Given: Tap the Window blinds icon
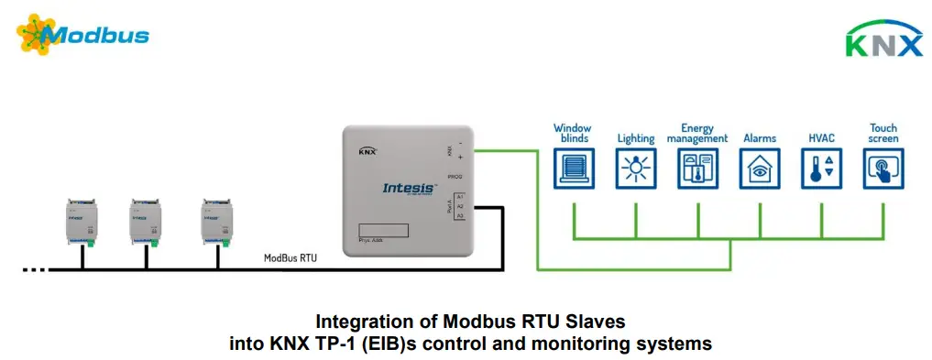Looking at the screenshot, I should pos(573,169).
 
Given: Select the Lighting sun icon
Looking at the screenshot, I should pos(635,169).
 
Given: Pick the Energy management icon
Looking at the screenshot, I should pos(697,169).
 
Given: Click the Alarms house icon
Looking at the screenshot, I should pos(759,169).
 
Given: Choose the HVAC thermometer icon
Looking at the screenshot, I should pos(821,169).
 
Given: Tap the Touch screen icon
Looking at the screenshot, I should pos(883,169).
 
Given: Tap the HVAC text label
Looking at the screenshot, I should pos(821,138).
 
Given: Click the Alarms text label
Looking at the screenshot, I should pos(759,138).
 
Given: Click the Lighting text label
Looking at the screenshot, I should pos(635,138).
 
